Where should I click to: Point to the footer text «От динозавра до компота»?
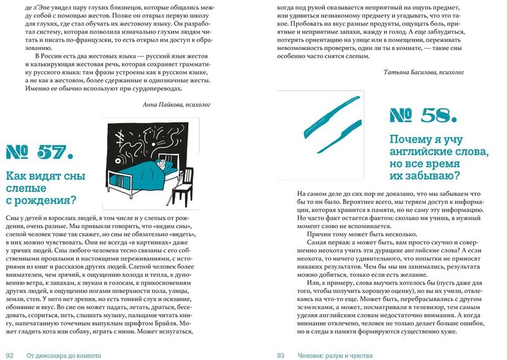point(64,356)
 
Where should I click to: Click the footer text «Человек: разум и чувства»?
point(333,356)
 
